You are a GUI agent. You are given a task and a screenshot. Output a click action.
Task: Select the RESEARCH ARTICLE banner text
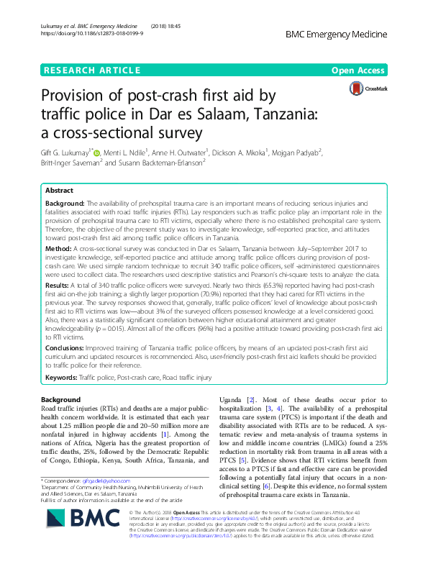91,70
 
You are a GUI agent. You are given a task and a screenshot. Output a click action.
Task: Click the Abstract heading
60,191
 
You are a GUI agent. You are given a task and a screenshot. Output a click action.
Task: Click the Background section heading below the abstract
60,399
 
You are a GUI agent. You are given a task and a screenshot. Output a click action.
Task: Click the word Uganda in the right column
232,399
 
